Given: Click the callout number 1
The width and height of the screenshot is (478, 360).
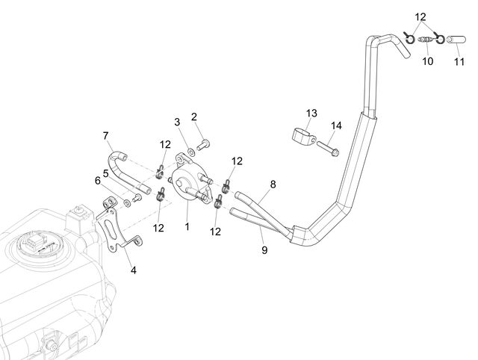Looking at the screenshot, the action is (187, 226).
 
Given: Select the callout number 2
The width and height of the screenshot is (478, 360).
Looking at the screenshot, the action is (194, 117).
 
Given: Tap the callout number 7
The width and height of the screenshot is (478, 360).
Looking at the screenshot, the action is (106, 136).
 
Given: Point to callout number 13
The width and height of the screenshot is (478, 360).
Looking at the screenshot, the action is (311, 114).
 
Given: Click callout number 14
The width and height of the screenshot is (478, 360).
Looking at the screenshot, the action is (336, 125).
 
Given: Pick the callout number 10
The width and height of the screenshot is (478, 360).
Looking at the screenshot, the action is (428, 61).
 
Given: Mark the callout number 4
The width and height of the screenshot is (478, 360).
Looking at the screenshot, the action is (134, 270).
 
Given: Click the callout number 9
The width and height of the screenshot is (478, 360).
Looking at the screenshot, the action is (264, 250).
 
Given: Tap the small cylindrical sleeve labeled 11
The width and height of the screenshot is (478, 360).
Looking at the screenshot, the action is (456, 40).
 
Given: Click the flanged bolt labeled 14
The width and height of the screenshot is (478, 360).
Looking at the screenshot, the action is (328, 148).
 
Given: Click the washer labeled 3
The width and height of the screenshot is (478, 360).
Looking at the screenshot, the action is (191, 152).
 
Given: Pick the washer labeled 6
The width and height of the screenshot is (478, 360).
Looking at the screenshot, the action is (128, 202).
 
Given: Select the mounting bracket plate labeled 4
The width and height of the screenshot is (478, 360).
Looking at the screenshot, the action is (117, 225).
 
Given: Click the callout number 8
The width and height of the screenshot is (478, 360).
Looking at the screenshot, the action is (273, 184).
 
